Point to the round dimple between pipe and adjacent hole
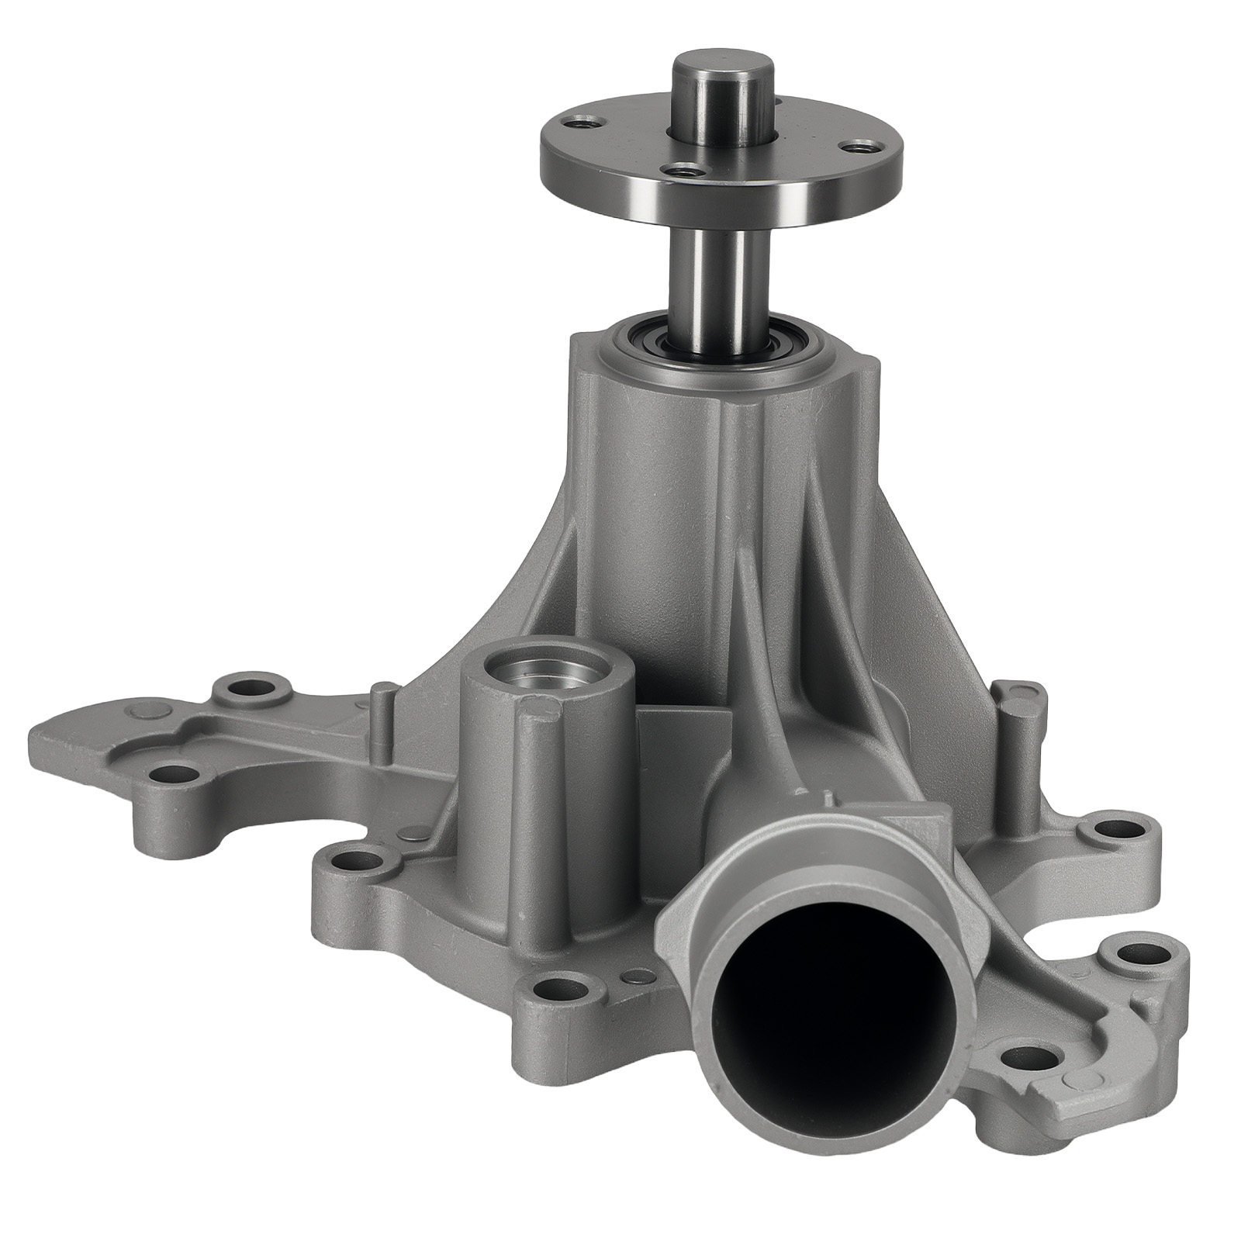point(638,974)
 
